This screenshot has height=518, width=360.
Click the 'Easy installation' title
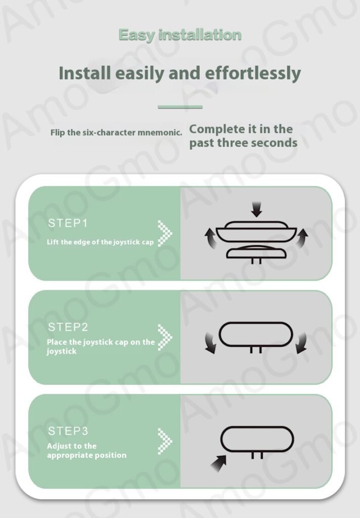coord(180,35)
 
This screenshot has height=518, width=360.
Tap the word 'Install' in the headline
coord(84,73)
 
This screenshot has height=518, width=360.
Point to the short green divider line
coord(180,107)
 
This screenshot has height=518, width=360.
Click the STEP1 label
coord(68,223)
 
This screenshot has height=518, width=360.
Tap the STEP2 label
coord(68,327)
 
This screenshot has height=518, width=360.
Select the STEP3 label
coord(68,431)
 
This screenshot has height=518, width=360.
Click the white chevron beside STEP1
coord(165,233)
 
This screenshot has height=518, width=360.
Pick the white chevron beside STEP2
coord(165,337)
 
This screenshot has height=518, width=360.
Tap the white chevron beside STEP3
coord(165,441)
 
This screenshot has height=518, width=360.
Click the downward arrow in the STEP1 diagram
coord(256,209)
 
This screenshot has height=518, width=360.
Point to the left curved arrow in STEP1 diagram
coord(210,239)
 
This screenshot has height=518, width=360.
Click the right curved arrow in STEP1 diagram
coord(301,238)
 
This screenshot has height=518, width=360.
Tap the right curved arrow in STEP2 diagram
coord(301,343)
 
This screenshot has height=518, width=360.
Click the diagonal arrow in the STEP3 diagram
coord(218,463)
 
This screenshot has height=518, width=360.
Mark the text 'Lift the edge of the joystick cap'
coord(100,242)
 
